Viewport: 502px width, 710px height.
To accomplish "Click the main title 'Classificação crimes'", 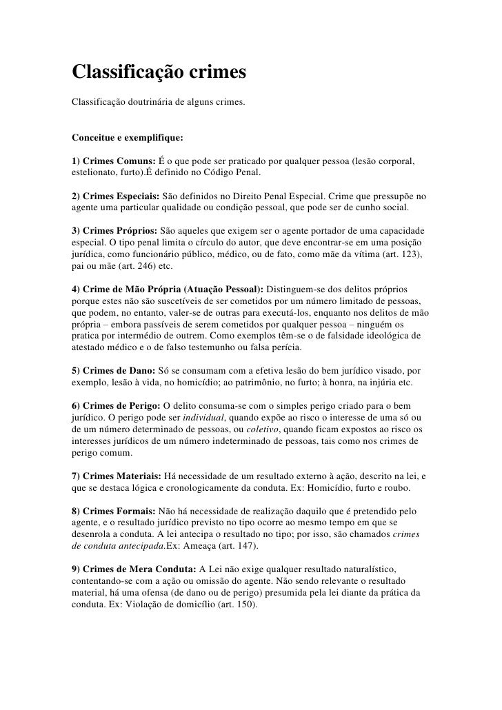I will point(159,72).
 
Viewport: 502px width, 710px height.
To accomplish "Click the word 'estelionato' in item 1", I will point(94,173).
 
